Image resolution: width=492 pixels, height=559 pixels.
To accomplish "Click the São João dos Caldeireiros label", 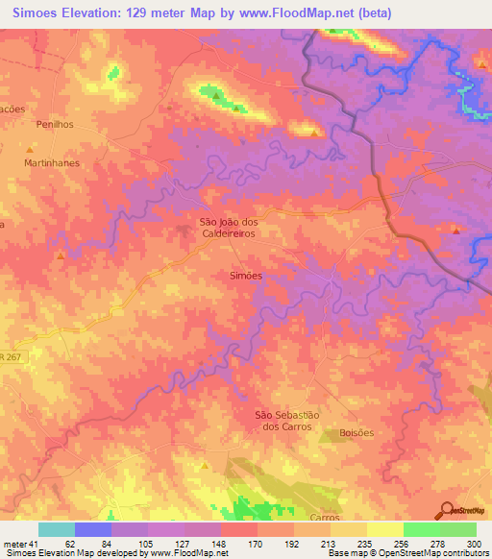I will point(227,226).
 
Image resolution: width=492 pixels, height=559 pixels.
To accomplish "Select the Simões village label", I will point(246,275).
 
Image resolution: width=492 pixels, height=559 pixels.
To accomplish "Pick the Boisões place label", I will point(357,433).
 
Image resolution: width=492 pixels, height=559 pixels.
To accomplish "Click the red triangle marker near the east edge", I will point(455,230).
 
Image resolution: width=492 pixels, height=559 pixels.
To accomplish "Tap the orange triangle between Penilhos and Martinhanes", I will point(30,150).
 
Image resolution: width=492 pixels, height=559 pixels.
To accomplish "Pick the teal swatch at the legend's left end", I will point(56,529).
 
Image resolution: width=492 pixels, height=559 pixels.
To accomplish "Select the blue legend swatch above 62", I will point(92,529).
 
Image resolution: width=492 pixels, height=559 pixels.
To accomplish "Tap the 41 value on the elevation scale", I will point(34,544).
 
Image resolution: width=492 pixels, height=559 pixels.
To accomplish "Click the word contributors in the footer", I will point(467,554).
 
